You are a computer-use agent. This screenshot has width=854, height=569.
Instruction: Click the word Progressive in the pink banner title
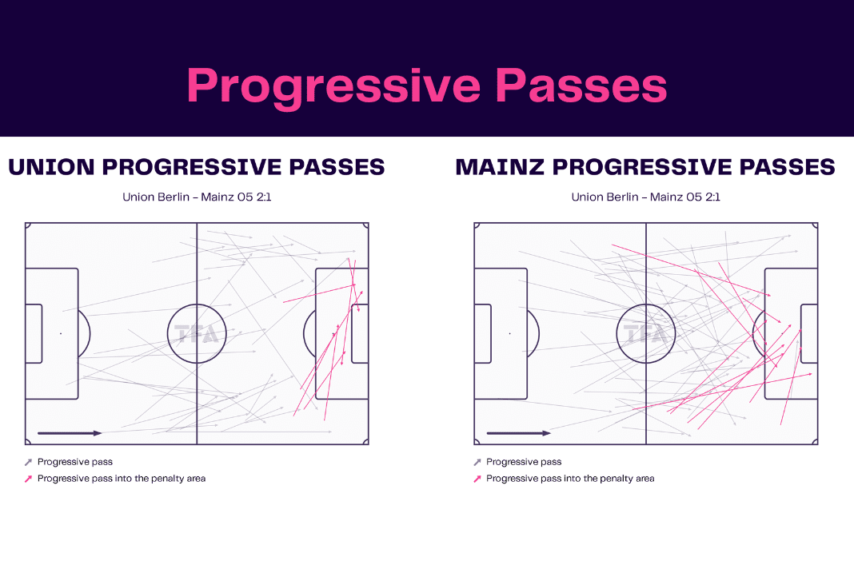pos(334,87)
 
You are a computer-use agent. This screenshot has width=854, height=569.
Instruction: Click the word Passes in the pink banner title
pos(581,86)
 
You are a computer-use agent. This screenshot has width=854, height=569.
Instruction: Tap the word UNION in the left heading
pos(51,167)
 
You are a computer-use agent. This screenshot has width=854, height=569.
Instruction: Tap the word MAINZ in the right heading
pos(500,167)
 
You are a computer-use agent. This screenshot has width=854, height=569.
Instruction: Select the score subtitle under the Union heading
pos(197,197)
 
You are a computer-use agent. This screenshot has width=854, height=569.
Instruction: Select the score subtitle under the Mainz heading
pos(645,197)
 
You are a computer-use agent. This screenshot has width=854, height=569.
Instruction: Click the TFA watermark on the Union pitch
pos(196,333)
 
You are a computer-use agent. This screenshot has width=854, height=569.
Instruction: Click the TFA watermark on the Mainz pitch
pos(645,333)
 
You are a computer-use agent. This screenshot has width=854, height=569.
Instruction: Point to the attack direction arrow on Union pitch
pos(70,433)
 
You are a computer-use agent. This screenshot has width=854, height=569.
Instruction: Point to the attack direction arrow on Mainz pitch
pos(518,433)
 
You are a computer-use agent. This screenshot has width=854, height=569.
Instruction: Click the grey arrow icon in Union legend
pos(28,462)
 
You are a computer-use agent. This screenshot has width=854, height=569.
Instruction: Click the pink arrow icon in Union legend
pos(28,479)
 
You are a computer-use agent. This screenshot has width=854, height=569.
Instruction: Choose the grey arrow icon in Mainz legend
pos(477,462)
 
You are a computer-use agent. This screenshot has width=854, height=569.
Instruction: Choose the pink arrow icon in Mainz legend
pos(477,479)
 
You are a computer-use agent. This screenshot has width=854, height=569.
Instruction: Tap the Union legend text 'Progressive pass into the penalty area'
pos(122,479)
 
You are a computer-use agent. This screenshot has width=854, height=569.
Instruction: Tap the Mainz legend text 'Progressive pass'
pos(524,462)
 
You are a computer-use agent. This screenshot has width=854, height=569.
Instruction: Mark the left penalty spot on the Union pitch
pos(61,333)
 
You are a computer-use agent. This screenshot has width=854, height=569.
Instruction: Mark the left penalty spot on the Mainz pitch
pos(510,333)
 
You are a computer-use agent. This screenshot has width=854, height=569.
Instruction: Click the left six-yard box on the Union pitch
pos(42,334)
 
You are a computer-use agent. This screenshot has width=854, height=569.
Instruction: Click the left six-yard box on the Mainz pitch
pos(491,334)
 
